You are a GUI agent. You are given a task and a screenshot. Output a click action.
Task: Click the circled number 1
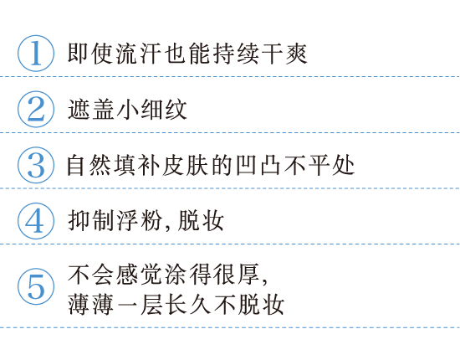[x=36, y=53]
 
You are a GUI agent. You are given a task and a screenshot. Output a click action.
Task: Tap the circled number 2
[x=36, y=109]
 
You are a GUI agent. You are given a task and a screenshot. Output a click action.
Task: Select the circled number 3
[x=36, y=165]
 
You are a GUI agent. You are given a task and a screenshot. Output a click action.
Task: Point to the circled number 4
[x=36, y=221]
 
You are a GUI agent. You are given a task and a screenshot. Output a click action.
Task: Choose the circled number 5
[x=36, y=286]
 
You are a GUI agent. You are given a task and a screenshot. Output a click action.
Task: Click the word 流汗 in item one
[x=139, y=54]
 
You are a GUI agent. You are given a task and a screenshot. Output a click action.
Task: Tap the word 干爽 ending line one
[x=284, y=54]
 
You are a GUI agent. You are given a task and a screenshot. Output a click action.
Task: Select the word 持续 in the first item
[x=236, y=54]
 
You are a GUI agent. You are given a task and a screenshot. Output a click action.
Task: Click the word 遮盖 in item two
[x=90, y=109]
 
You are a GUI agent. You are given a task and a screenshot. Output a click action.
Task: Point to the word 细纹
[x=163, y=109]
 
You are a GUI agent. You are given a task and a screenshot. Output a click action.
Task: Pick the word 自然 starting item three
[x=89, y=165]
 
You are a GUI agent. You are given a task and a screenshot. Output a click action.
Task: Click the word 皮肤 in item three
[x=185, y=165]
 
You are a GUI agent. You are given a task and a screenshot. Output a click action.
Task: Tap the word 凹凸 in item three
[x=258, y=165]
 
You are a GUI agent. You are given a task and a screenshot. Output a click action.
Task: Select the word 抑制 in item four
[x=90, y=221]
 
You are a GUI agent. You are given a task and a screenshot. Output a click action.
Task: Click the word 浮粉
[x=139, y=221]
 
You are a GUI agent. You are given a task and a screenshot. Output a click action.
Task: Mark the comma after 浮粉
[x=167, y=227]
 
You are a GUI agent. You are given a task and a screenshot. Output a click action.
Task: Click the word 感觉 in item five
[x=139, y=275]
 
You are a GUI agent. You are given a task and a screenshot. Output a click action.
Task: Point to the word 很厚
[x=236, y=275]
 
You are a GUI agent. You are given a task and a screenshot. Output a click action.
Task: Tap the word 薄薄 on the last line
[x=90, y=305]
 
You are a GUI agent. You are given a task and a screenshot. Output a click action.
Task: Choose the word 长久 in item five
[x=187, y=305]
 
